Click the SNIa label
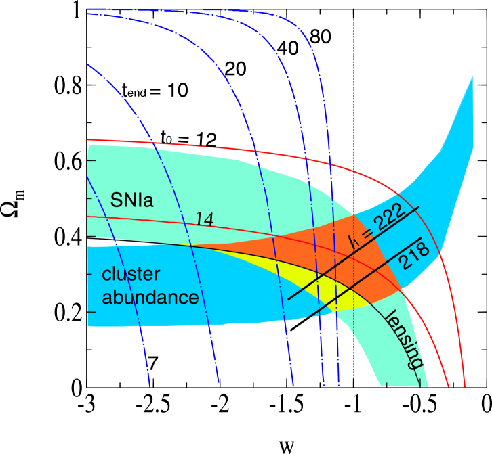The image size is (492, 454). point(132,200)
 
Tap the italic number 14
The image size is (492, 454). point(205,219)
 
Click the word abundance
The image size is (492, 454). point(150,296)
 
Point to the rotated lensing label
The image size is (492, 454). point(402,338)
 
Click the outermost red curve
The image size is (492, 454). point(434,223)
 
